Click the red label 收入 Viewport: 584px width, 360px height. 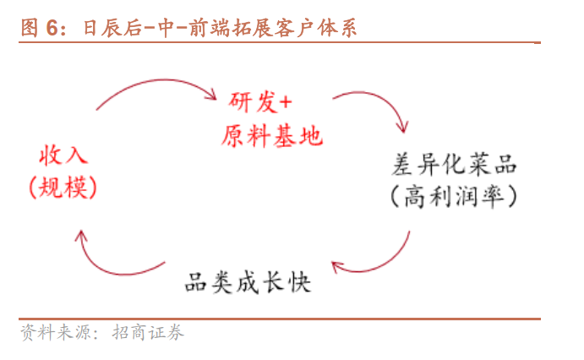tap(63, 156)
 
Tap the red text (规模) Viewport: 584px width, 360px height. tap(63, 188)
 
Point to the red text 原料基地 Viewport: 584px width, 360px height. tap(272, 135)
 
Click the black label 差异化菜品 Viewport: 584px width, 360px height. tap(456, 163)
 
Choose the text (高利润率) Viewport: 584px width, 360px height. tap(456, 197)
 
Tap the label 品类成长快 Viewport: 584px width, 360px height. tap(248, 281)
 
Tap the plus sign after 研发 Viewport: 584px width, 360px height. tap(285, 101)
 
